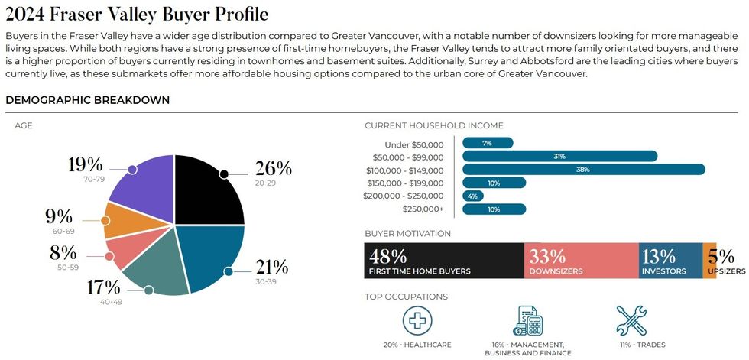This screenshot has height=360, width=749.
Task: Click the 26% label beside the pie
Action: (x=273, y=168)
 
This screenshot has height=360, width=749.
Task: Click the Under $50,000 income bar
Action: (x=488, y=143)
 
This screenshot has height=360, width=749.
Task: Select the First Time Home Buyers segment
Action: (x=444, y=261)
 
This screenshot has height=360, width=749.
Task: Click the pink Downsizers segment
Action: (x=581, y=261)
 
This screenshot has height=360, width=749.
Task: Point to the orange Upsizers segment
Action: (x=709, y=261)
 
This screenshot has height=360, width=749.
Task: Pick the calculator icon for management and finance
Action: (x=527, y=321)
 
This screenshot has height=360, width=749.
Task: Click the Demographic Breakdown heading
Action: (x=88, y=100)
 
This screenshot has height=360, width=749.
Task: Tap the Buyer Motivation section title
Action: (x=407, y=233)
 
